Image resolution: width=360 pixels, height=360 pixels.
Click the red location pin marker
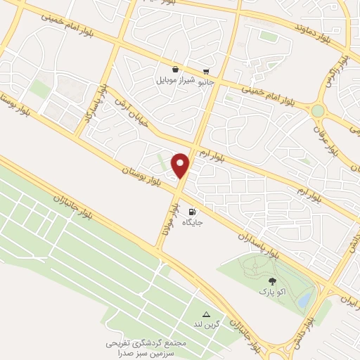point(181,165)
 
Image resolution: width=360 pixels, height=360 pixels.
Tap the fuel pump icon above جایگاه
point(192,211)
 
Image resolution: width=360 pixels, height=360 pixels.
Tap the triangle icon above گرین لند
point(207,314)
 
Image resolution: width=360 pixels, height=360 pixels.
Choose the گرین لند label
point(207,325)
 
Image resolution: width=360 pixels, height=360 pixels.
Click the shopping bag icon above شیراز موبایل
point(174,69)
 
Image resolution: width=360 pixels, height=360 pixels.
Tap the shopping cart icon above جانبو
point(206,71)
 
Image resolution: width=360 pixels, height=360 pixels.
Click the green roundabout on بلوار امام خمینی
point(319,110)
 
